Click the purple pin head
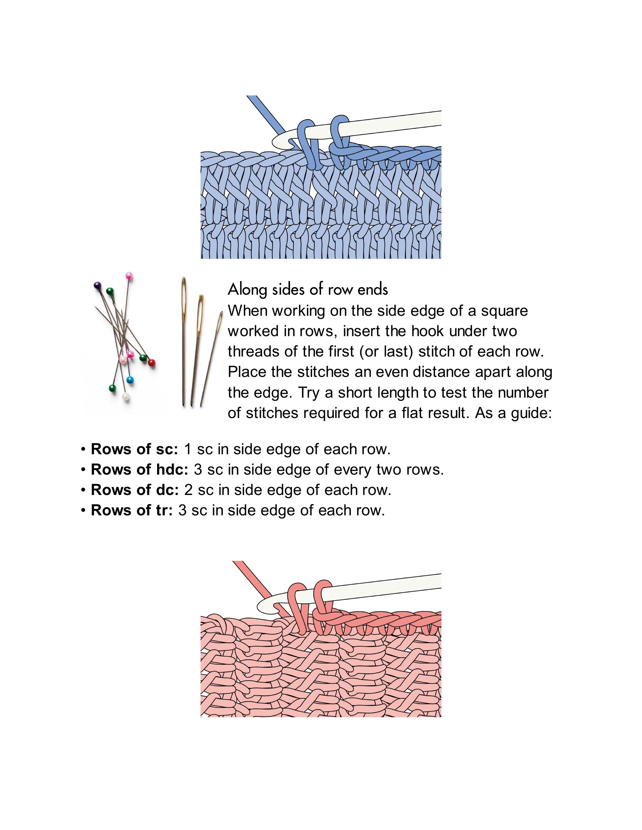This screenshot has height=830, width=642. pyautogui.click(x=97, y=285)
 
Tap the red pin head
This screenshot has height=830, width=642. pyautogui.click(x=151, y=362)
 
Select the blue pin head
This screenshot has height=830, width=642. pyautogui.click(x=130, y=380)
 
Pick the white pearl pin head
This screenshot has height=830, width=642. pyautogui.click(x=126, y=397)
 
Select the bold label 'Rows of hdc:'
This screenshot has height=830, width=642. pyautogui.click(x=140, y=470)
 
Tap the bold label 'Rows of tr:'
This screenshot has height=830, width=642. pyautogui.click(x=132, y=510)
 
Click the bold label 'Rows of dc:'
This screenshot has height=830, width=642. pyautogui.click(x=135, y=490)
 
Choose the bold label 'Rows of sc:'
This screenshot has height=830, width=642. pyautogui.click(x=135, y=449)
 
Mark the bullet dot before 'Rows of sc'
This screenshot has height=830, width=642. pyautogui.click(x=83, y=450)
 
